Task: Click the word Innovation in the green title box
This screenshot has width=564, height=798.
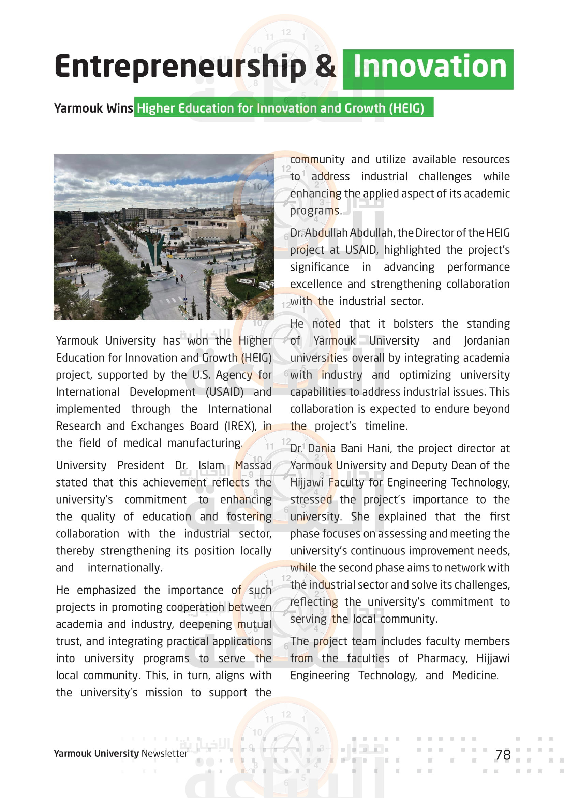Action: click(x=430, y=67)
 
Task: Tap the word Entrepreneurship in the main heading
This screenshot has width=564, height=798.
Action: click(x=180, y=67)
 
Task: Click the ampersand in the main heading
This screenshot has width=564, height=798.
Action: click(x=325, y=67)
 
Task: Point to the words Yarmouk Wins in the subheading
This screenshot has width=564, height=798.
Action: click(x=93, y=108)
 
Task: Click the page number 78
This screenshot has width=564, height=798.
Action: click(x=503, y=755)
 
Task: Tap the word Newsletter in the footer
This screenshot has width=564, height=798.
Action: click(x=164, y=754)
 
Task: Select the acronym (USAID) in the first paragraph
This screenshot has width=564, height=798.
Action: click(x=224, y=392)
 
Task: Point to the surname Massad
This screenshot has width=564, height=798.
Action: click(x=253, y=465)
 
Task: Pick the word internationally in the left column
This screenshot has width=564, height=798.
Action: click(x=125, y=568)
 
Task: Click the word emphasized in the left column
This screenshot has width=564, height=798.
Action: click(x=107, y=590)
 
